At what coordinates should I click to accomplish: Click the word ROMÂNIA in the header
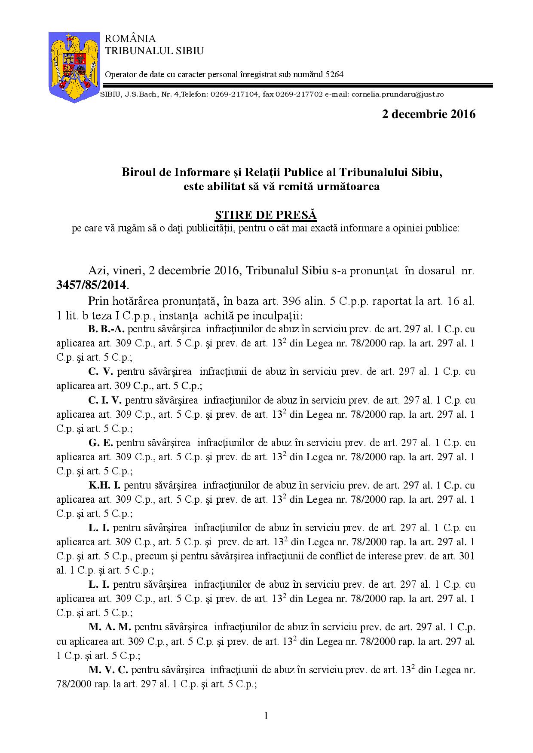coord(131,39)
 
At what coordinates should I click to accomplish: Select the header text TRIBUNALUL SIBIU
coord(155,51)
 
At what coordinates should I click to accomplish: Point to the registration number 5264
coord(334,74)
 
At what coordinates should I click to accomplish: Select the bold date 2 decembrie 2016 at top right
coord(429,114)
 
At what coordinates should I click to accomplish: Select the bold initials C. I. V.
coord(105,400)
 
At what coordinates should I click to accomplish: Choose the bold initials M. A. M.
coord(110,627)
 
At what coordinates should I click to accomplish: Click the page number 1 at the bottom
coord(266,716)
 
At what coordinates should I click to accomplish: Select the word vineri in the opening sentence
coord(125,271)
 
